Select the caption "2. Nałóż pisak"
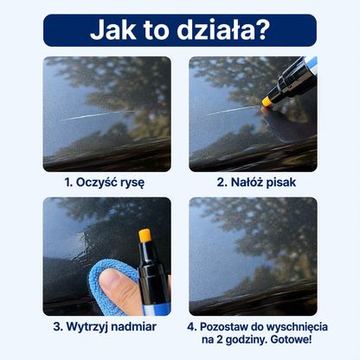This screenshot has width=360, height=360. pyautogui.click(x=253, y=183)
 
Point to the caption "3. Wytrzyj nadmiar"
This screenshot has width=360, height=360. pyautogui.click(x=106, y=328)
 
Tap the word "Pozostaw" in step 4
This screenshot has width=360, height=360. pyautogui.click(x=231, y=328)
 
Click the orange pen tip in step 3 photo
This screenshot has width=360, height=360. pyautogui.click(x=144, y=236)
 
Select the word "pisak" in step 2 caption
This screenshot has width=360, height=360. pyautogui.click(x=276, y=183)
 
